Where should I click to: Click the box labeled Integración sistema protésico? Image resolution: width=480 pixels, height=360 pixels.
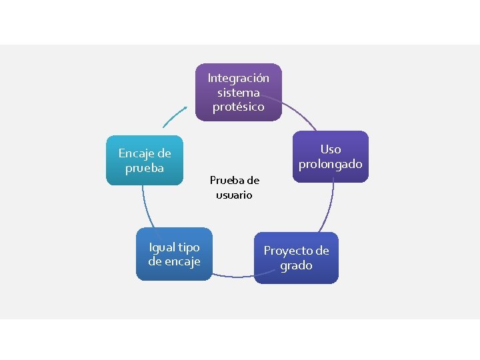click(x=239, y=92)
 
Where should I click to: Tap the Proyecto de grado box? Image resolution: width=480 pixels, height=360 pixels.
click(x=296, y=258)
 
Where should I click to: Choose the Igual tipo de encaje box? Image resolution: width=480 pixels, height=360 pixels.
click(x=173, y=254)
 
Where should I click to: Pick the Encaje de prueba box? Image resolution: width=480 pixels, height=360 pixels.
click(x=145, y=161)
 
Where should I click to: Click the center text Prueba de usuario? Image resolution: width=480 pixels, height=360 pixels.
click(x=234, y=187)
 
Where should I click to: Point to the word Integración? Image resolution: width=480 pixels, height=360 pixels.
click(x=239, y=78)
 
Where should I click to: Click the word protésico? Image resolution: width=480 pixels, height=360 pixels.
click(x=239, y=107)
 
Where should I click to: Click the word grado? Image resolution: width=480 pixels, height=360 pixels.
click(x=296, y=265)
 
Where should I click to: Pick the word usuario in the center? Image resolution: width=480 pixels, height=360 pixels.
click(x=234, y=195)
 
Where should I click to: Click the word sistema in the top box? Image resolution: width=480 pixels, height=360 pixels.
click(x=239, y=93)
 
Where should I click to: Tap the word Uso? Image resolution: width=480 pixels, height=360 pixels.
click(x=330, y=149)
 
